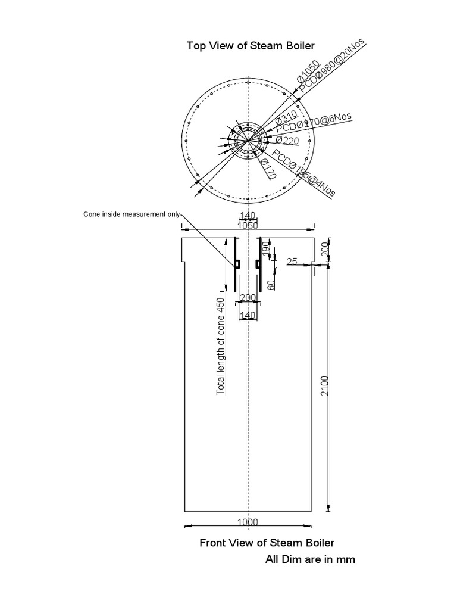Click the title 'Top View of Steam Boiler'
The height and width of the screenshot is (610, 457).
pos(251,46)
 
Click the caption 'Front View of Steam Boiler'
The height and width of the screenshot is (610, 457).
pos(267,543)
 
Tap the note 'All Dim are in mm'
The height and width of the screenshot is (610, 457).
pos(309,559)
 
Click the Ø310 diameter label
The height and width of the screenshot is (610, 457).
pos(286,117)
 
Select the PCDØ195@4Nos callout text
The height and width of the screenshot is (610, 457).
pos(303,173)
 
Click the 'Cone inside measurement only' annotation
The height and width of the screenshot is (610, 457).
pos(131,214)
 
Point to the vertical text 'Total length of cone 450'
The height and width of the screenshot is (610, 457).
pos(221,346)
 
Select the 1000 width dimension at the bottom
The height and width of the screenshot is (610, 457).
pos(248,522)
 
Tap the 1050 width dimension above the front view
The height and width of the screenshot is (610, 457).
pos(248,225)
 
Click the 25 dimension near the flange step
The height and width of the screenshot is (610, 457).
pos(292,262)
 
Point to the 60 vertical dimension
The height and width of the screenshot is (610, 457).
pos(271,284)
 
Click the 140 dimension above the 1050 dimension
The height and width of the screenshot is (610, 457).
pos(248,216)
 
